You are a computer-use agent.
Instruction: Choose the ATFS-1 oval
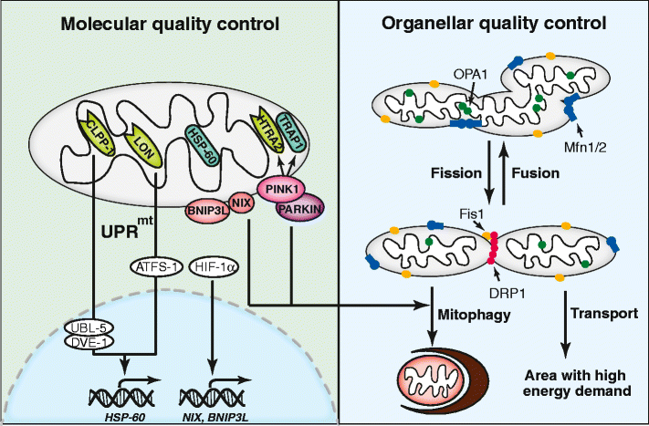[152, 267]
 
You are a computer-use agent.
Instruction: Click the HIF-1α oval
[213, 267]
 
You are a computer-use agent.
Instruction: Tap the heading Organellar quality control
[493, 22]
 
